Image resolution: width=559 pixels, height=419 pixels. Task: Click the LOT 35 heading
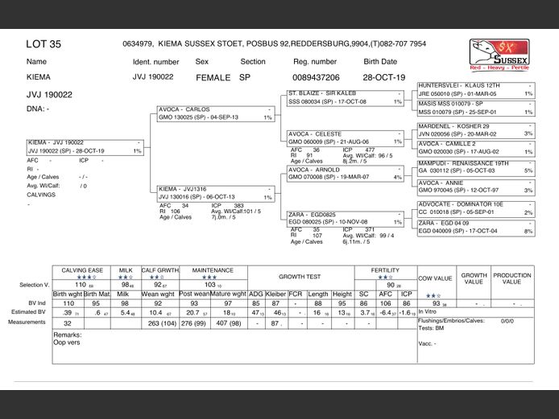(43, 44)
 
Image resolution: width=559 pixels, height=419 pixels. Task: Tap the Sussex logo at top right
(500, 56)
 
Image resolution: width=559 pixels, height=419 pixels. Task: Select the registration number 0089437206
(315, 77)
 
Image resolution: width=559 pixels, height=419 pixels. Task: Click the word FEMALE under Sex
(213, 78)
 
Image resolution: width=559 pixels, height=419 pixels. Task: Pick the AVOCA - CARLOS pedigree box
(216, 113)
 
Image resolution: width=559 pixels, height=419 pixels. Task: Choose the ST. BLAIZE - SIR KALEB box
(345, 98)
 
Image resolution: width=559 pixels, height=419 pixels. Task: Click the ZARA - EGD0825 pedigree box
(345, 217)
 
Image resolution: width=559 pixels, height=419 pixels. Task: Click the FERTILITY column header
(391, 271)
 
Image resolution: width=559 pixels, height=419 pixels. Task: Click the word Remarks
(68, 334)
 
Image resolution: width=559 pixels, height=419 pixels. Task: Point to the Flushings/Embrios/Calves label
(454, 321)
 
